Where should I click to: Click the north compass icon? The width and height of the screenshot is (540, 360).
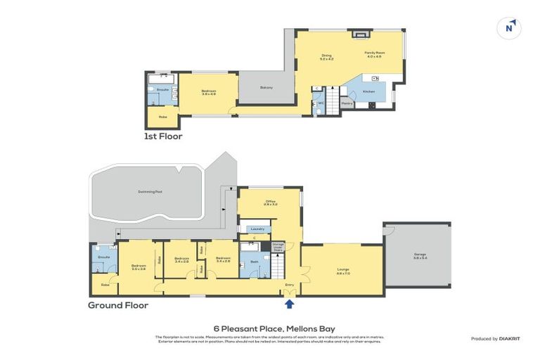[x=509, y=28]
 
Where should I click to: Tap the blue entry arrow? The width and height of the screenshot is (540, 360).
[x=289, y=304]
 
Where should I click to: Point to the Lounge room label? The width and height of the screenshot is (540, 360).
[x=343, y=270]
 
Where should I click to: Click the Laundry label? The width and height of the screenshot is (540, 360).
[x=257, y=229]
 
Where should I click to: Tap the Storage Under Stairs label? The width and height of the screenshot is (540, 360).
[x=278, y=247]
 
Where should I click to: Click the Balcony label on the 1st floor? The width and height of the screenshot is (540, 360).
[x=266, y=87]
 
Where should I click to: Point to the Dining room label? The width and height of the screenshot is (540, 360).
[x=326, y=57]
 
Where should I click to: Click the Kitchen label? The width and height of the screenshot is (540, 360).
[x=368, y=92]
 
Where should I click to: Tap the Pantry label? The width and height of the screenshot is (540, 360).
[x=347, y=103]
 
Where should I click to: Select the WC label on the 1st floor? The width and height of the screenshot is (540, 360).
[x=320, y=103]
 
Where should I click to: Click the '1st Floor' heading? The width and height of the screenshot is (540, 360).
[x=163, y=136]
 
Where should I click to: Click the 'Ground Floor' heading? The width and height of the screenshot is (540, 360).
[x=117, y=305]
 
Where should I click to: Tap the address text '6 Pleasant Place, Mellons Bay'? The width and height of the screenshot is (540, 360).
[x=269, y=328]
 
